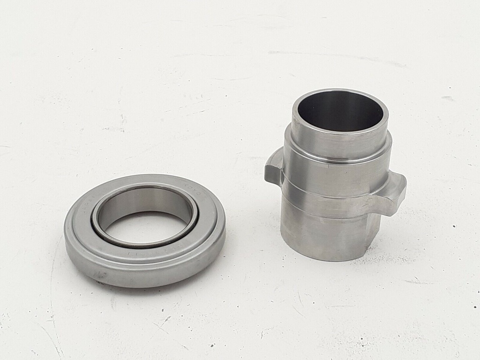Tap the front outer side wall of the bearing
tap(141, 277)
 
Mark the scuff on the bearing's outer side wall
tap(100, 274)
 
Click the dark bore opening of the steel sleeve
tap(340, 110)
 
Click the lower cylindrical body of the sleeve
tap(323, 237)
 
